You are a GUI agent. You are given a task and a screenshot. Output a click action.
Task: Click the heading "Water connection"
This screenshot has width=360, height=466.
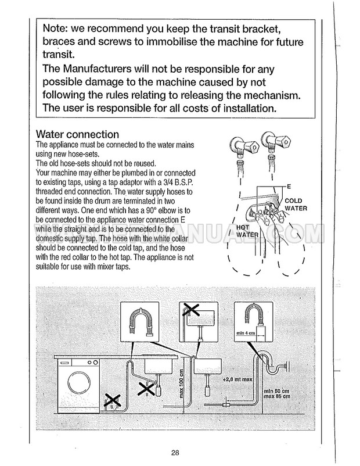click(x=77, y=135)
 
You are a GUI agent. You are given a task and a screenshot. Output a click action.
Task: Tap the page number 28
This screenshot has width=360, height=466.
click(x=175, y=453)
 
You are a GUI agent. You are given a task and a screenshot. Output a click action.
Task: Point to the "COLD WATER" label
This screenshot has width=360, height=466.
click(x=295, y=203)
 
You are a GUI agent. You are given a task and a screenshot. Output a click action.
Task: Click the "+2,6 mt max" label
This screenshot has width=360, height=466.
click(x=239, y=379)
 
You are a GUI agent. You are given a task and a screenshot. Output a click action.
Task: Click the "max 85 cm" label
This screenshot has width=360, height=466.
click(x=277, y=397)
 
